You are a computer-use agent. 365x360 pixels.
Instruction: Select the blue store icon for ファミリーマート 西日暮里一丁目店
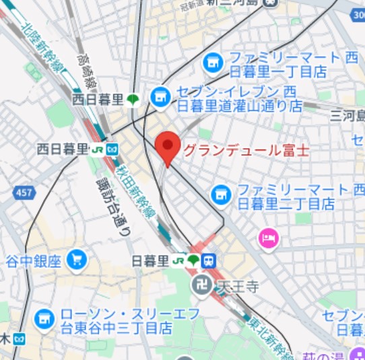click(213, 63)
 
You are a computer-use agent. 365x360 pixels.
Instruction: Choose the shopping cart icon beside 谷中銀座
click(77, 258)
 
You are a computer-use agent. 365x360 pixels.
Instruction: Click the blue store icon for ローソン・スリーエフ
click(45, 319)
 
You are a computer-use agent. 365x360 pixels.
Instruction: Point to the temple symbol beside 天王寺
click(200, 285)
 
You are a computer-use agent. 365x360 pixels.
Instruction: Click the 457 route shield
click(24, 193)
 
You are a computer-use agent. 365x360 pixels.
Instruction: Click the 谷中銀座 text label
click(34, 260)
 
